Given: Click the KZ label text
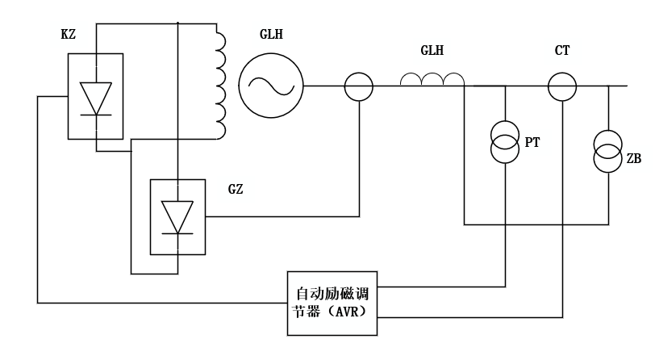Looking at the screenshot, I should pyautogui.click(x=68, y=35).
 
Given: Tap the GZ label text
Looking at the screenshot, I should pyautogui.click(x=236, y=190).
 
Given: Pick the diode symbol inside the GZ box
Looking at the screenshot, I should pyautogui.click(x=177, y=216).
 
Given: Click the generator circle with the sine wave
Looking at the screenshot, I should pyautogui.click(x=271, y=85).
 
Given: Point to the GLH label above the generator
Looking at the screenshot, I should pyautogui.click(x=271, y=35).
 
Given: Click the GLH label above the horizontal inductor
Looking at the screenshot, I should pyautogui.click(x=432, y=51).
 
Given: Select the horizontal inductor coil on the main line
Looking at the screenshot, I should pyautogui.click(x=432, y=79).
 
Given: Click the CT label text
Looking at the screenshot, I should pyautogui.click(x=562, y=51).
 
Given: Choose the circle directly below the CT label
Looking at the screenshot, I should pyautogui.click(x=562, y=86).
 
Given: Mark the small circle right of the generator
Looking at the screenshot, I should pyautogui.click(x=359, y=86).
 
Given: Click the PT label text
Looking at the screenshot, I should pyautogui.click(x=532, y=143).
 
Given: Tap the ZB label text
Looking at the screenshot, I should pyautogui.click(x=634, y=159).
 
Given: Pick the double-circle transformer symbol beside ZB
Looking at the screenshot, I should pyautogui.click(x=608, y=152).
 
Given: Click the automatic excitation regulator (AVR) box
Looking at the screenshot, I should pyautogui.click(x=332, y=303).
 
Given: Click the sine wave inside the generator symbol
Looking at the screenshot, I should pyautogui.click(x=271, y=85).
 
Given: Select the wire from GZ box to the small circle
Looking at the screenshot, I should pyautogui.click(x=282, y=216).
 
